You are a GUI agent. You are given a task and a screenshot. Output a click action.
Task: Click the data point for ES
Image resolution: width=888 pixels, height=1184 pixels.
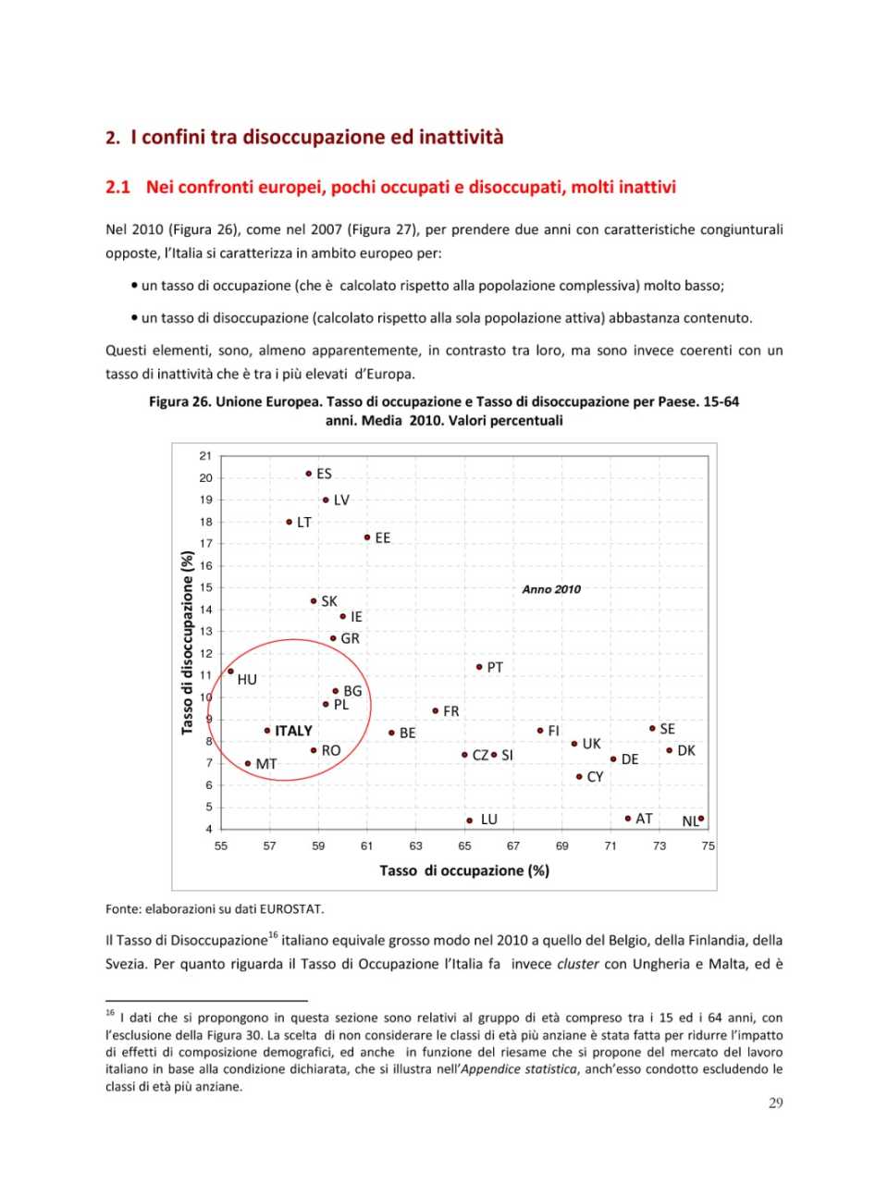coord(309,474)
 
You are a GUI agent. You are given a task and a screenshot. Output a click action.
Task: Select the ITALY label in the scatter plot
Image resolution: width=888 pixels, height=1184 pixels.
coord(293,731)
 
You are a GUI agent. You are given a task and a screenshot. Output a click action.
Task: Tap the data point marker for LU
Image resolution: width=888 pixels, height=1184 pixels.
coord(470,820)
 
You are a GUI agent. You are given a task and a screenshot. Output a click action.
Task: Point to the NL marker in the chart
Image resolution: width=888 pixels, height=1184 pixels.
coord(701,818)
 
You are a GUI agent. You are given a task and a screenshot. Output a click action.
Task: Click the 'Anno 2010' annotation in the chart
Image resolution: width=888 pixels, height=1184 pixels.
coord(551,589)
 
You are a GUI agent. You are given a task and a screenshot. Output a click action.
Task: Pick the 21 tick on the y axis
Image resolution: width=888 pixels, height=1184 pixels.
coord(205,456)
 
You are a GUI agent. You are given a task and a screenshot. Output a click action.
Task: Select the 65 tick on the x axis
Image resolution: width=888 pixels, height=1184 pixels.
coord(464,845)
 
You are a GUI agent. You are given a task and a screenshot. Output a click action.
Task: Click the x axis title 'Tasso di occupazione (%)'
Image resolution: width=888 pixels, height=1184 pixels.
coord(464,870)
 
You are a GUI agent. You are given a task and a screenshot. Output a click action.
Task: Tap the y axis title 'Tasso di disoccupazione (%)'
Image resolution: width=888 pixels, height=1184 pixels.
coord(188,643)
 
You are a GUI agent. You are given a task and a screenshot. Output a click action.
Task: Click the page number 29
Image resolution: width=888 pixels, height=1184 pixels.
coord(775,1103)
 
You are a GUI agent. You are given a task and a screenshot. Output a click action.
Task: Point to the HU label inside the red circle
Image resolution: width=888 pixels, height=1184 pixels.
coord(247,680)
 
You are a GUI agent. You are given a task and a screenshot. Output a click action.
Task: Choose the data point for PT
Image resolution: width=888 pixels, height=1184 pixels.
coord(479,667)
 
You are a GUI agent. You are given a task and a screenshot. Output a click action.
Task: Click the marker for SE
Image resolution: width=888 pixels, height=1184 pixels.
coord(652,729)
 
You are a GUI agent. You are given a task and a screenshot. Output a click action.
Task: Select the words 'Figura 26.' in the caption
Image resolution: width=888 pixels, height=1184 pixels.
coord(180,401)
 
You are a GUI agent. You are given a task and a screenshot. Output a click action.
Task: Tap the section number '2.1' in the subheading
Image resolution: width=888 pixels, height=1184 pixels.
coord(117,187)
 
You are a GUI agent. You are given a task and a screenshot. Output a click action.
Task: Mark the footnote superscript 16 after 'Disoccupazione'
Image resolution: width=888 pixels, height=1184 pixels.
coord(272,935)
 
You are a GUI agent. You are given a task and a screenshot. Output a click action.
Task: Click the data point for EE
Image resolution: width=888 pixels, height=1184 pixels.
coord(367,537)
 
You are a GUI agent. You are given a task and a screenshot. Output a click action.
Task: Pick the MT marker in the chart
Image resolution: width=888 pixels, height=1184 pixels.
coord(248,764)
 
